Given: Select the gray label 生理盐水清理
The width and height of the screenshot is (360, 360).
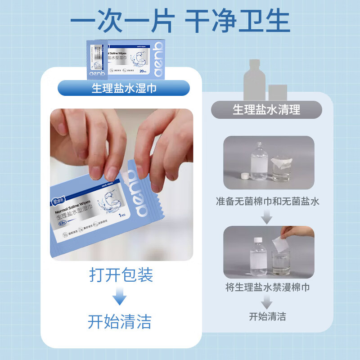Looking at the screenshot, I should point(266,109).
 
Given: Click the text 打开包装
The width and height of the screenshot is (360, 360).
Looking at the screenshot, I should point(121,274).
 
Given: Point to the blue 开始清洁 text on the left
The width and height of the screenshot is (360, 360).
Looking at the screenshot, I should point(120,321).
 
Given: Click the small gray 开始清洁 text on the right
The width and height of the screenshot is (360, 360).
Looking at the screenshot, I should point(267,316).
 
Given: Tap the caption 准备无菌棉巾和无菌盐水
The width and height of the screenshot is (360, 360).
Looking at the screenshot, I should point(267,201).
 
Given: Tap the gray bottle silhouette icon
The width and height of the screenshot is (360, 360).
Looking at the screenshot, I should point(254,81).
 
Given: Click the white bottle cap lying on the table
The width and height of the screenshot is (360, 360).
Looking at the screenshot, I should point(246,176).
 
